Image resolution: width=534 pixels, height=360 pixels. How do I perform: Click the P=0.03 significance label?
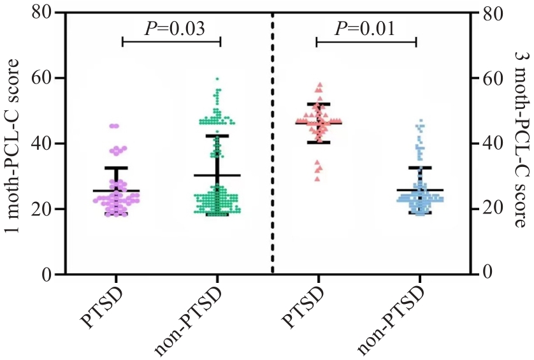171,29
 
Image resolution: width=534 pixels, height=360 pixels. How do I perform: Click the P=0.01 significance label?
365,29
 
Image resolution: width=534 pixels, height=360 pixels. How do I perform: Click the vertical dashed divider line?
273,143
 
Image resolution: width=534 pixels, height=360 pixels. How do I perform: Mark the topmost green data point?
217,79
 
